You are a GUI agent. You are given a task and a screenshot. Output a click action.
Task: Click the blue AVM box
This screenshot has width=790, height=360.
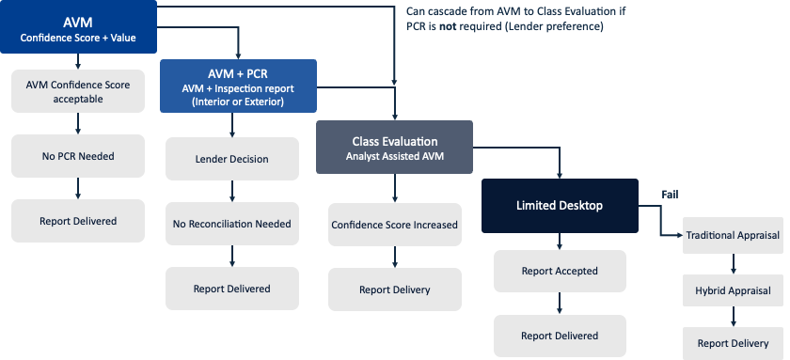pos(78,27)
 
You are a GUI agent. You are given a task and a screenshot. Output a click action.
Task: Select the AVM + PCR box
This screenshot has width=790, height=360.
pos(238,86)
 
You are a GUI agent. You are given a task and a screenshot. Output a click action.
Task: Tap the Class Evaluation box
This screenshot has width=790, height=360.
pos(395,148)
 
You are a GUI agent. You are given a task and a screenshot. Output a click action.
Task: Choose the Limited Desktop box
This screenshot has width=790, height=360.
pos(560,205)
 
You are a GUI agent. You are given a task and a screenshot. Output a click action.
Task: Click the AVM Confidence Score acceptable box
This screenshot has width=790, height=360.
pos(78,92)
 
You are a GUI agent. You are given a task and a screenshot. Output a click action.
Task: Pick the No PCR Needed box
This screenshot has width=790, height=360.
pos(78,156)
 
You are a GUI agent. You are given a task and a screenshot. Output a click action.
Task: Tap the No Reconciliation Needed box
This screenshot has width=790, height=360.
pos(232,224)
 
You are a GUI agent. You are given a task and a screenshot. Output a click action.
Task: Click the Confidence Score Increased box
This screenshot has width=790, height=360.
pos(395,226)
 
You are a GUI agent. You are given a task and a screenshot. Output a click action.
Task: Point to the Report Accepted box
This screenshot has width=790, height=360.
pos(560,271)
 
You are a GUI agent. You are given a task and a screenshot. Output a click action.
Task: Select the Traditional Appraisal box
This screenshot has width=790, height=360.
pos(733,235)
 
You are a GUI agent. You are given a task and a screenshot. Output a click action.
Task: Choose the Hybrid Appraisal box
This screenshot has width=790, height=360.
pos(733,290)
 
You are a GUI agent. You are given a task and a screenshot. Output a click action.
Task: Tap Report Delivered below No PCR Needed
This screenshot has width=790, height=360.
pos(78,221)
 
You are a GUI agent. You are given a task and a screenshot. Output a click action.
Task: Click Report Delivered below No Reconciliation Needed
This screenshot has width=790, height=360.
pos(232,289)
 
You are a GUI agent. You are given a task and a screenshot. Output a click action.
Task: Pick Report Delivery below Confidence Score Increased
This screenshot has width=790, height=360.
pos(395,290)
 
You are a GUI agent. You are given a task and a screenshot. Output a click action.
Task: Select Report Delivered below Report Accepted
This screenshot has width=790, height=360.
pos(560,336)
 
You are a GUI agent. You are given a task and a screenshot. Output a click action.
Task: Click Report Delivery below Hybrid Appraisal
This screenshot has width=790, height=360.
pos(733,343)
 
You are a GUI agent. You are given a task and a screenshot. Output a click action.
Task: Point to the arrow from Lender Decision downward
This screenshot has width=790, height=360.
pos(232,191)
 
